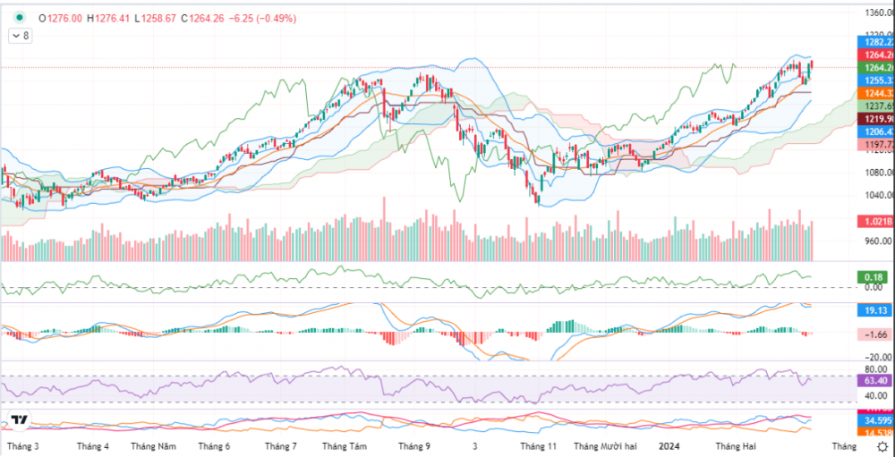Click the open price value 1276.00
click(67, 17)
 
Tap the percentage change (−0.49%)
click(285, 17)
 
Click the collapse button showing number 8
click(21, 36)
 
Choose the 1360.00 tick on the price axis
click(874, 13)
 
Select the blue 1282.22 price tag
click(874, 42)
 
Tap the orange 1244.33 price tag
click(874, 93)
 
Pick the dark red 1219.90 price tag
click(874, 119)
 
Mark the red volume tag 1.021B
click(874, 221)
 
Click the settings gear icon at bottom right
click(882, 446)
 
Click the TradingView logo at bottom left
click(20, 420)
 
